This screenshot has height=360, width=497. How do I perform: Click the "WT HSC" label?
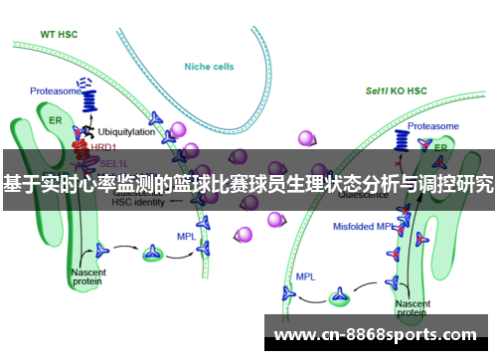(61, 33)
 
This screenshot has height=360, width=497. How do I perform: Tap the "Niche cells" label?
(210, 67)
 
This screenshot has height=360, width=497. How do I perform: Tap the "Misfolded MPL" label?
(364, 227)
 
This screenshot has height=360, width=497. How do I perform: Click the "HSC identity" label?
(138, 202)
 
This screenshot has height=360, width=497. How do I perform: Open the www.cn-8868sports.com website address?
(374, 334)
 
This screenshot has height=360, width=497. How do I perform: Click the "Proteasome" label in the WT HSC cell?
(56, 90)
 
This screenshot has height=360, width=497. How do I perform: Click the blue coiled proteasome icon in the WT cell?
(89, 97)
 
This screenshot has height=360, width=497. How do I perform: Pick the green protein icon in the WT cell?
(152, 253)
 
